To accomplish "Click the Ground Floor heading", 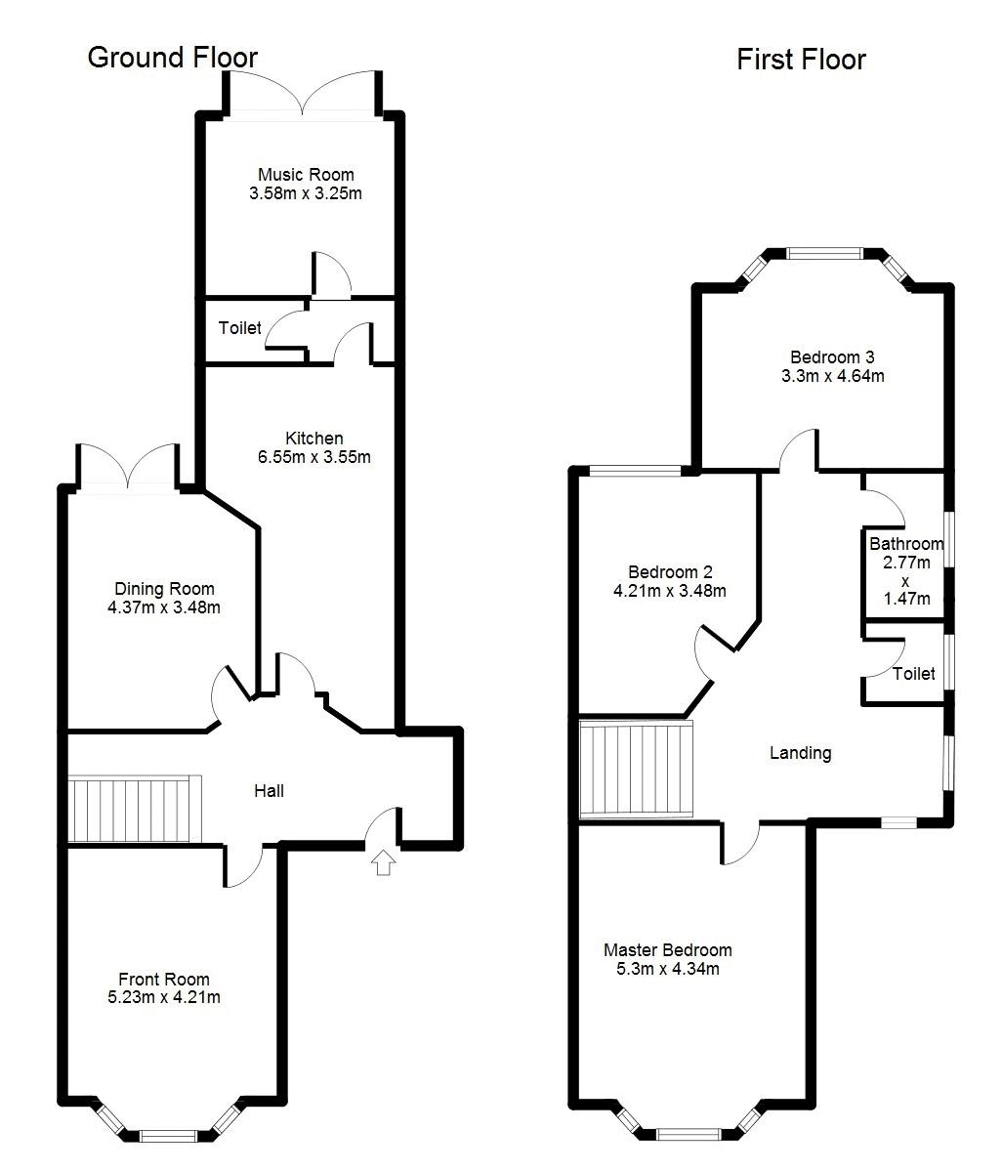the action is point(173,58).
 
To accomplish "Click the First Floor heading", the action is point(801,60).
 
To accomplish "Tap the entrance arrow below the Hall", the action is point(383,862).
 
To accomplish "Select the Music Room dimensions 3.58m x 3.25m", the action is point(306,193).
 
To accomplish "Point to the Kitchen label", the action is point(314,439).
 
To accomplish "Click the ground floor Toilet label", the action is point(240,328).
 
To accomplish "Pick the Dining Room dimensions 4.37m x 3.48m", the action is point(164,607).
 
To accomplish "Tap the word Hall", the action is point(269,790).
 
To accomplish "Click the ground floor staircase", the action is point(135,809).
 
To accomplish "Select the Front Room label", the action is point(164,979).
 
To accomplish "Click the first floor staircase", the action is point(636,769).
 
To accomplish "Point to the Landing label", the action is point(800,753).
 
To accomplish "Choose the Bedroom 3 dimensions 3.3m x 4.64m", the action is point(832,376).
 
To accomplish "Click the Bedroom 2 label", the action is point(670,571).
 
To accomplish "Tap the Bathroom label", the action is point(906,544).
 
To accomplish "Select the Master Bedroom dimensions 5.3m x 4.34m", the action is point(667,969).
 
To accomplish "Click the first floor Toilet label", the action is point(913,674).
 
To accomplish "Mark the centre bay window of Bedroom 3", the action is point(824,253).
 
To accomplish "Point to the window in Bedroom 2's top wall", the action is point(635,470).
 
